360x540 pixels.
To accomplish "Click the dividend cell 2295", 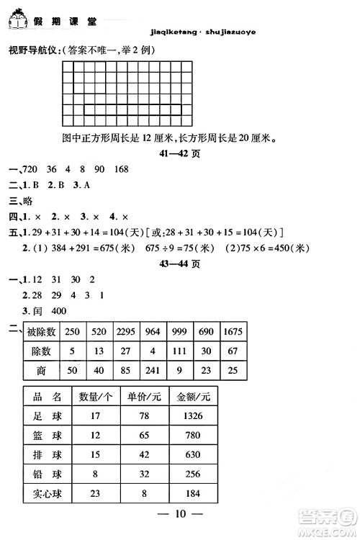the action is coord(126,330).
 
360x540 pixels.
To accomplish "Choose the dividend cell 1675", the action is coord(232,330).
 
